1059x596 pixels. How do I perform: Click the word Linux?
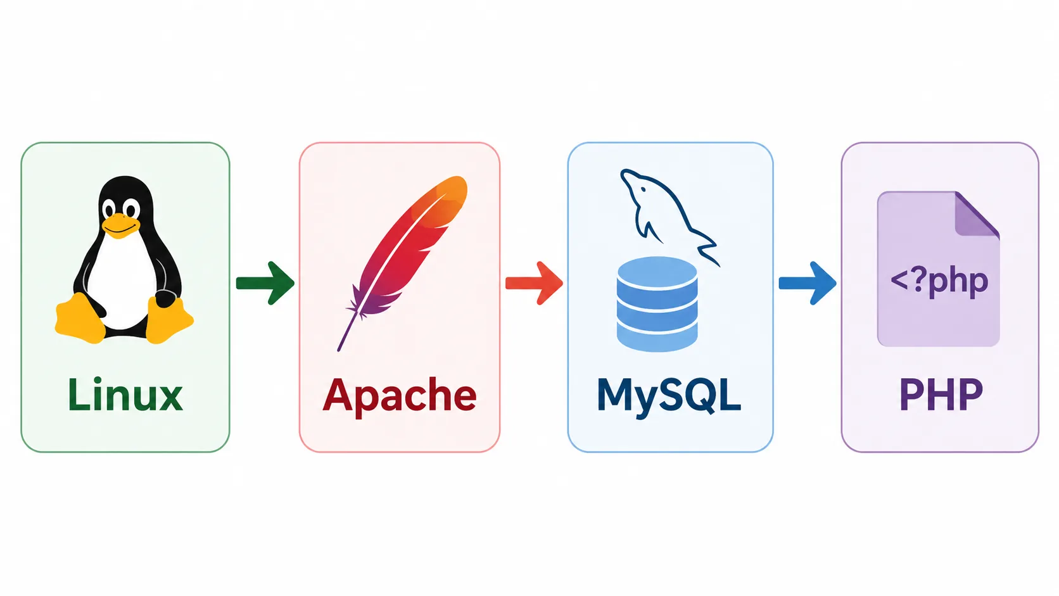(125, 395)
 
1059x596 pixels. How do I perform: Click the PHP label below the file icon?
(941, 395)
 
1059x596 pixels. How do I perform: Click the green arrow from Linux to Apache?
(265, 283)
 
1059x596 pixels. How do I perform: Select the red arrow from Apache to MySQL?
(534, 283)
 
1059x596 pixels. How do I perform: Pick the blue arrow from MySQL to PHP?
(808, 283)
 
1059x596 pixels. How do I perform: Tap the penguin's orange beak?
(122, 225)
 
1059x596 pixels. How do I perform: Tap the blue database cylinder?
(657, 305)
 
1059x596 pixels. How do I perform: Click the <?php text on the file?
(939, 282)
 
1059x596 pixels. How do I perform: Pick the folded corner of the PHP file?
(976, 213)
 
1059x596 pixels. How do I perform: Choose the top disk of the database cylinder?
(657, 272)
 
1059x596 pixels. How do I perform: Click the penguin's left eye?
(109, 208)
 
